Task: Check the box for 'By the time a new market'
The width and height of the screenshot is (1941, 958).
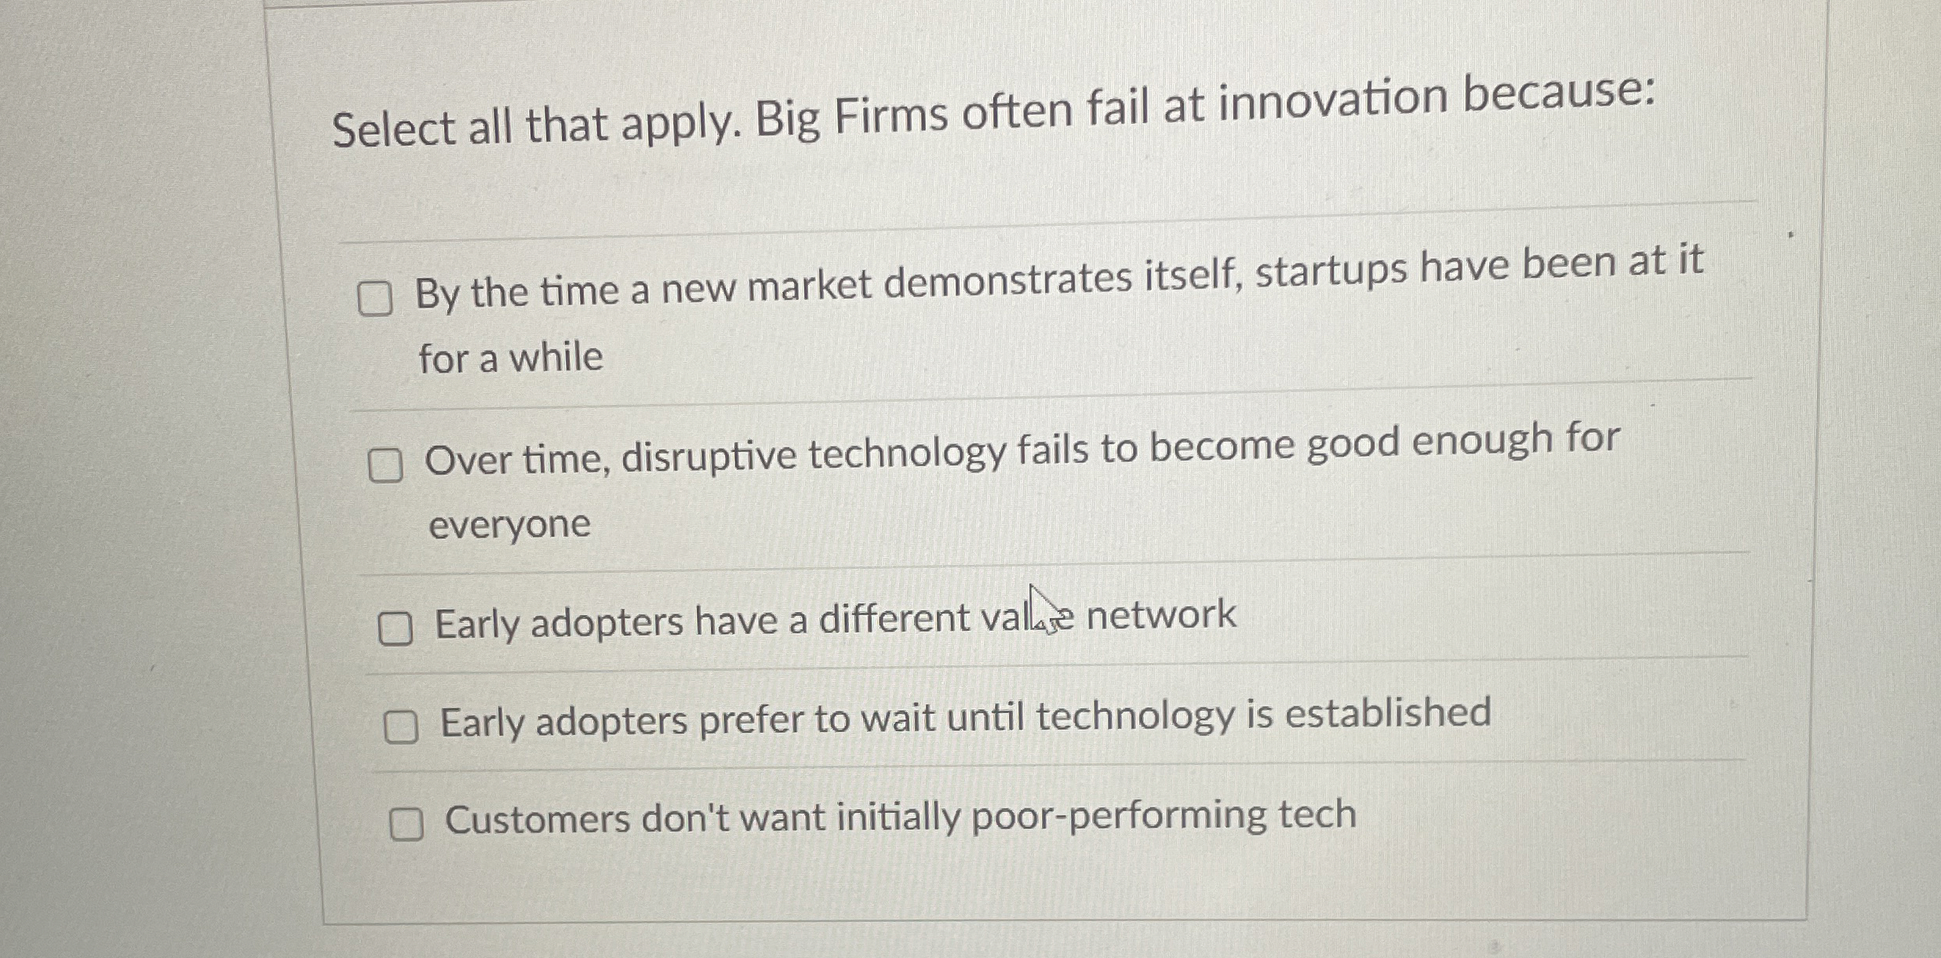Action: click(375, 299)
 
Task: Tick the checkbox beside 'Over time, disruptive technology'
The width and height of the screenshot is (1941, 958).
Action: click(385, 466)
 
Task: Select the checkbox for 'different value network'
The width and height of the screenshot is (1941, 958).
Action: click(395, 628)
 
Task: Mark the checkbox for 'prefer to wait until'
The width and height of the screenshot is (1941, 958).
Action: click(401, 727)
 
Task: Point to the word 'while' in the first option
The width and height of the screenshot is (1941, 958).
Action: click(556, 357)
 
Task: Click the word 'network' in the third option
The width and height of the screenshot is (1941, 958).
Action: click(1161, 614)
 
